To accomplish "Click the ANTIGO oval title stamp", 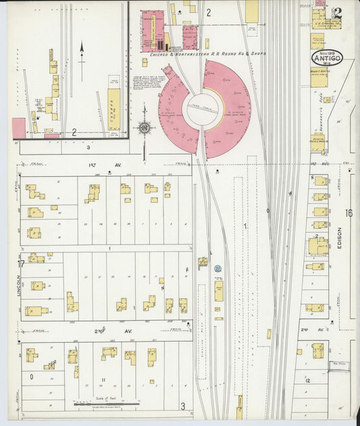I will click(x=327, y=56).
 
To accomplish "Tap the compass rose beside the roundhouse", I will click(x=144, y=128).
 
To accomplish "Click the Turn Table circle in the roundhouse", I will click(x=203, y=109).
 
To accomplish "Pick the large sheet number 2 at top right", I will click(x=337, y=12).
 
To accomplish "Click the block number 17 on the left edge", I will click(x=20, y=264).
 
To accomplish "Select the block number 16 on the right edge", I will click(x=349, y=213).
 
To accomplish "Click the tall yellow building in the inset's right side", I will click(x=115, y=108).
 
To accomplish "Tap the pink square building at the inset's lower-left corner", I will click(x=19, y=128).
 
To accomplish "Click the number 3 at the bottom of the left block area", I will click(x=182, y=406).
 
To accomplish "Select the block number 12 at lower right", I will click(x=307, y=381).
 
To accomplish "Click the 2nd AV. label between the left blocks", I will click(x=108, y=333).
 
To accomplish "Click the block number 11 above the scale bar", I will click(x=103, y=380).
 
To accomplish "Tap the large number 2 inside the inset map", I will click(x=74, y=133).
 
